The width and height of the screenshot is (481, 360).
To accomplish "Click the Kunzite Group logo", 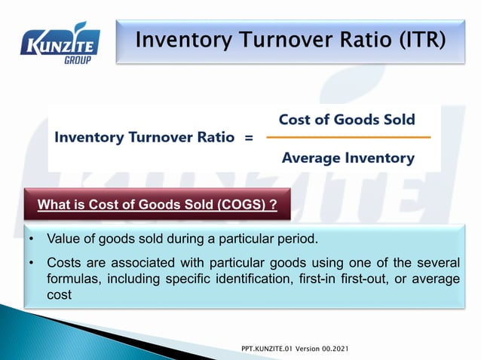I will tap(60, 43).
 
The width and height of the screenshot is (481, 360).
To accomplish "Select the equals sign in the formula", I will tap(249, 138).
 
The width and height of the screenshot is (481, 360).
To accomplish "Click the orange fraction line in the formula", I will tap(348, 138).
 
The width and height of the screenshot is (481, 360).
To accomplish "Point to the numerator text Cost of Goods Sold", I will tap(347, 119).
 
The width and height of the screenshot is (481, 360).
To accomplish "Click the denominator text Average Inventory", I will tap(348, 158).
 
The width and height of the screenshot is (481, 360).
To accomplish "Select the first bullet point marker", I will tap(32, 239).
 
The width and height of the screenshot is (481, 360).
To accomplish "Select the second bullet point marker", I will tap(32, 263).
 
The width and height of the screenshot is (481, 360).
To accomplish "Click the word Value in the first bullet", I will tap(63, 239).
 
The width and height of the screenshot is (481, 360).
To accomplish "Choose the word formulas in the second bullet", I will tap(72, 279).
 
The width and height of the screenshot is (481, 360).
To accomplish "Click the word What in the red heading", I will tap(54, 205).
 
